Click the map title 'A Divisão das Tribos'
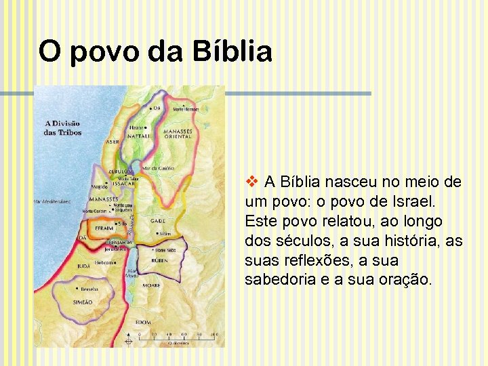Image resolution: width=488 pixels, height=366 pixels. coord(63,127)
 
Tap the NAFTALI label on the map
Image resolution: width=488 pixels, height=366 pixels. coord(139,136)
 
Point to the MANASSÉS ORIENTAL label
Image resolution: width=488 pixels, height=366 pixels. coord(178,134)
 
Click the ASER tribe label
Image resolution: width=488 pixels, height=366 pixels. coord(113,142)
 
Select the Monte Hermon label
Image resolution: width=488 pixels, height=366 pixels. coord(186,108)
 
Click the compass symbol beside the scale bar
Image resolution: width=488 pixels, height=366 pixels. coord(124,335)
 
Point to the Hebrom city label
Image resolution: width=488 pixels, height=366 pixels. coord(104,262)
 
